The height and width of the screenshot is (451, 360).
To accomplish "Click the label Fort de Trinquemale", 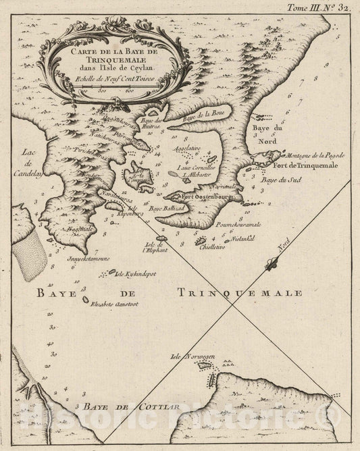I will click(x=305, y=165).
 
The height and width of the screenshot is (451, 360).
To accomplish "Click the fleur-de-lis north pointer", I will click(x=272, y=263).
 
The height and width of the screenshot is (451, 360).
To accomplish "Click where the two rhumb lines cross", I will click(x=232, y=305).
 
